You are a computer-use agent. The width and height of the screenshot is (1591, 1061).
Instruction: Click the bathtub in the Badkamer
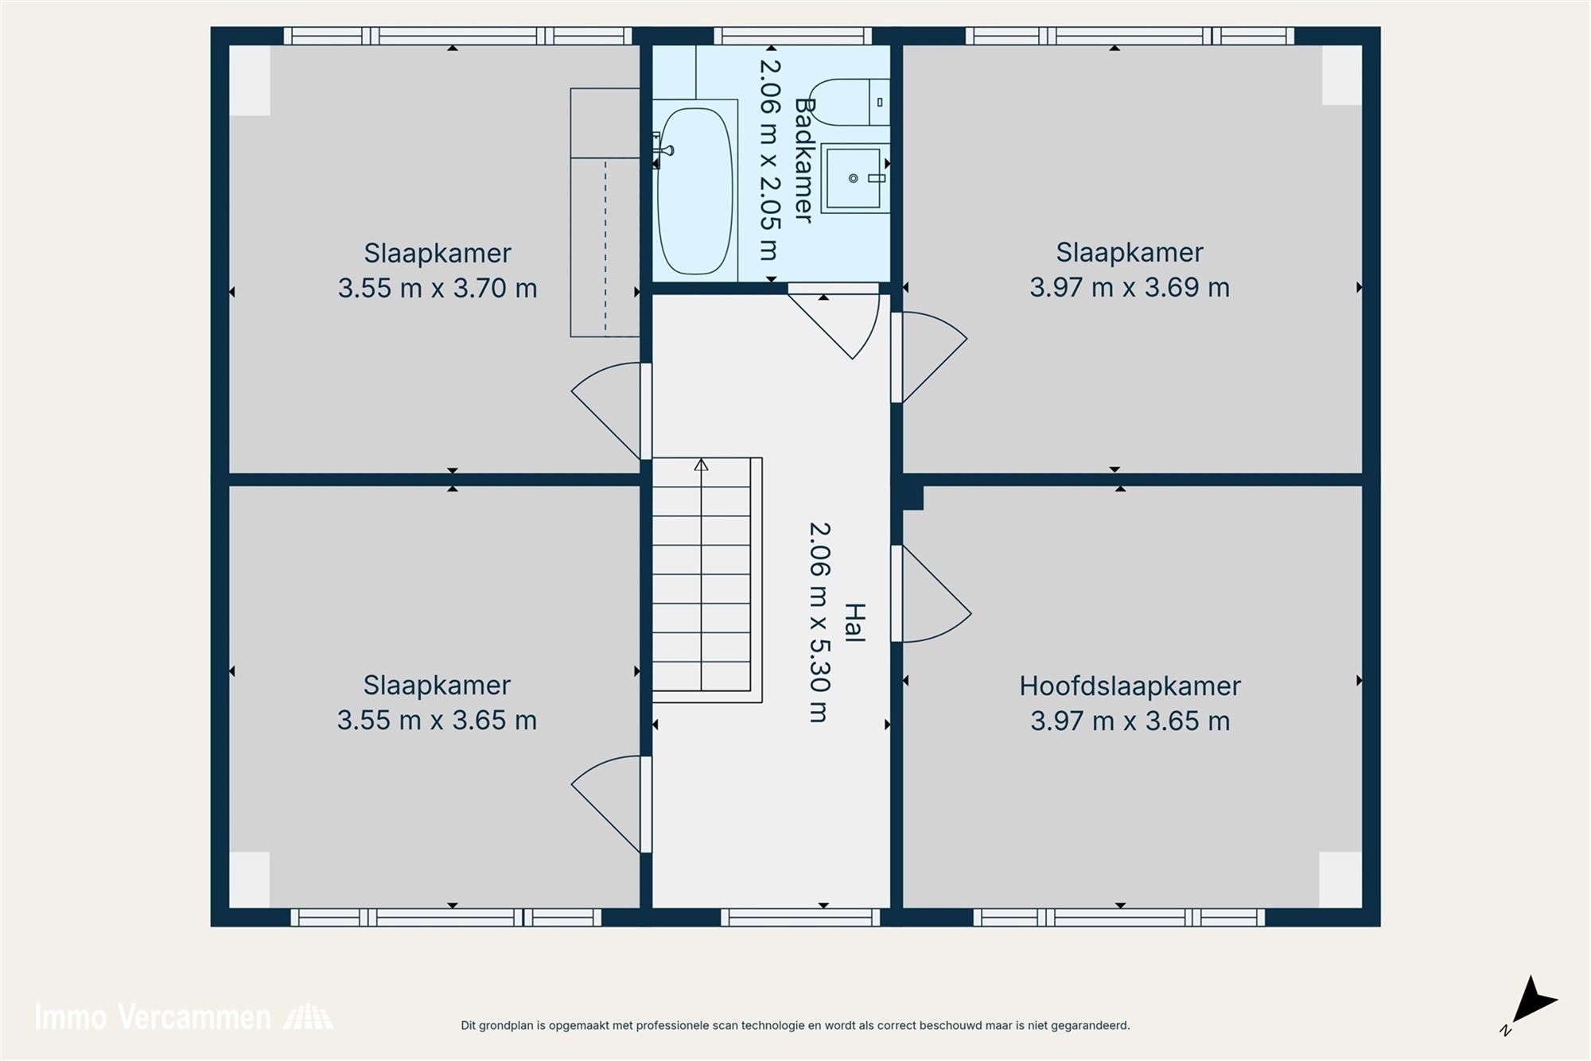(694, 191)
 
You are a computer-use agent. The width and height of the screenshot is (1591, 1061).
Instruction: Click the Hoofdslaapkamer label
(1130, 686)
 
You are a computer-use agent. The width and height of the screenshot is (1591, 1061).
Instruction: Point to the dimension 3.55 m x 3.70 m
(438, 288)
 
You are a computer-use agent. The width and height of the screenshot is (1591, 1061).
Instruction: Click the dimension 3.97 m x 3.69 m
(1130, 287)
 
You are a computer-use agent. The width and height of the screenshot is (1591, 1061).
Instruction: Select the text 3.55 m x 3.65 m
(437, 721)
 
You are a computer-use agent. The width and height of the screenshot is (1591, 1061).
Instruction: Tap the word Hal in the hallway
(854, 623)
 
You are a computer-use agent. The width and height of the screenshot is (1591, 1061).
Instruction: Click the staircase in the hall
(702, 581)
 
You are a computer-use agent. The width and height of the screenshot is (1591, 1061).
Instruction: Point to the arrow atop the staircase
(701, 464)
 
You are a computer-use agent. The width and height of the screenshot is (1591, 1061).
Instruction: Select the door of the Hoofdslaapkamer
(931, 595)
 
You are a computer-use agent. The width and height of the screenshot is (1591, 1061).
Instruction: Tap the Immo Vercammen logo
(183, 1017)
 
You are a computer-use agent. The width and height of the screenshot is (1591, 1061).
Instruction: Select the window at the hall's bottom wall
(800, 917)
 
